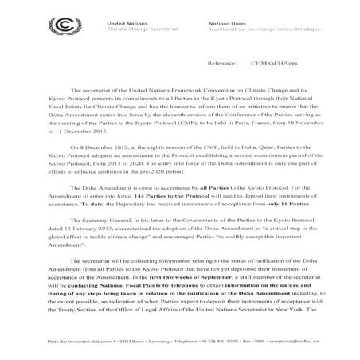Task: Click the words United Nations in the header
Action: (122, 24)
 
